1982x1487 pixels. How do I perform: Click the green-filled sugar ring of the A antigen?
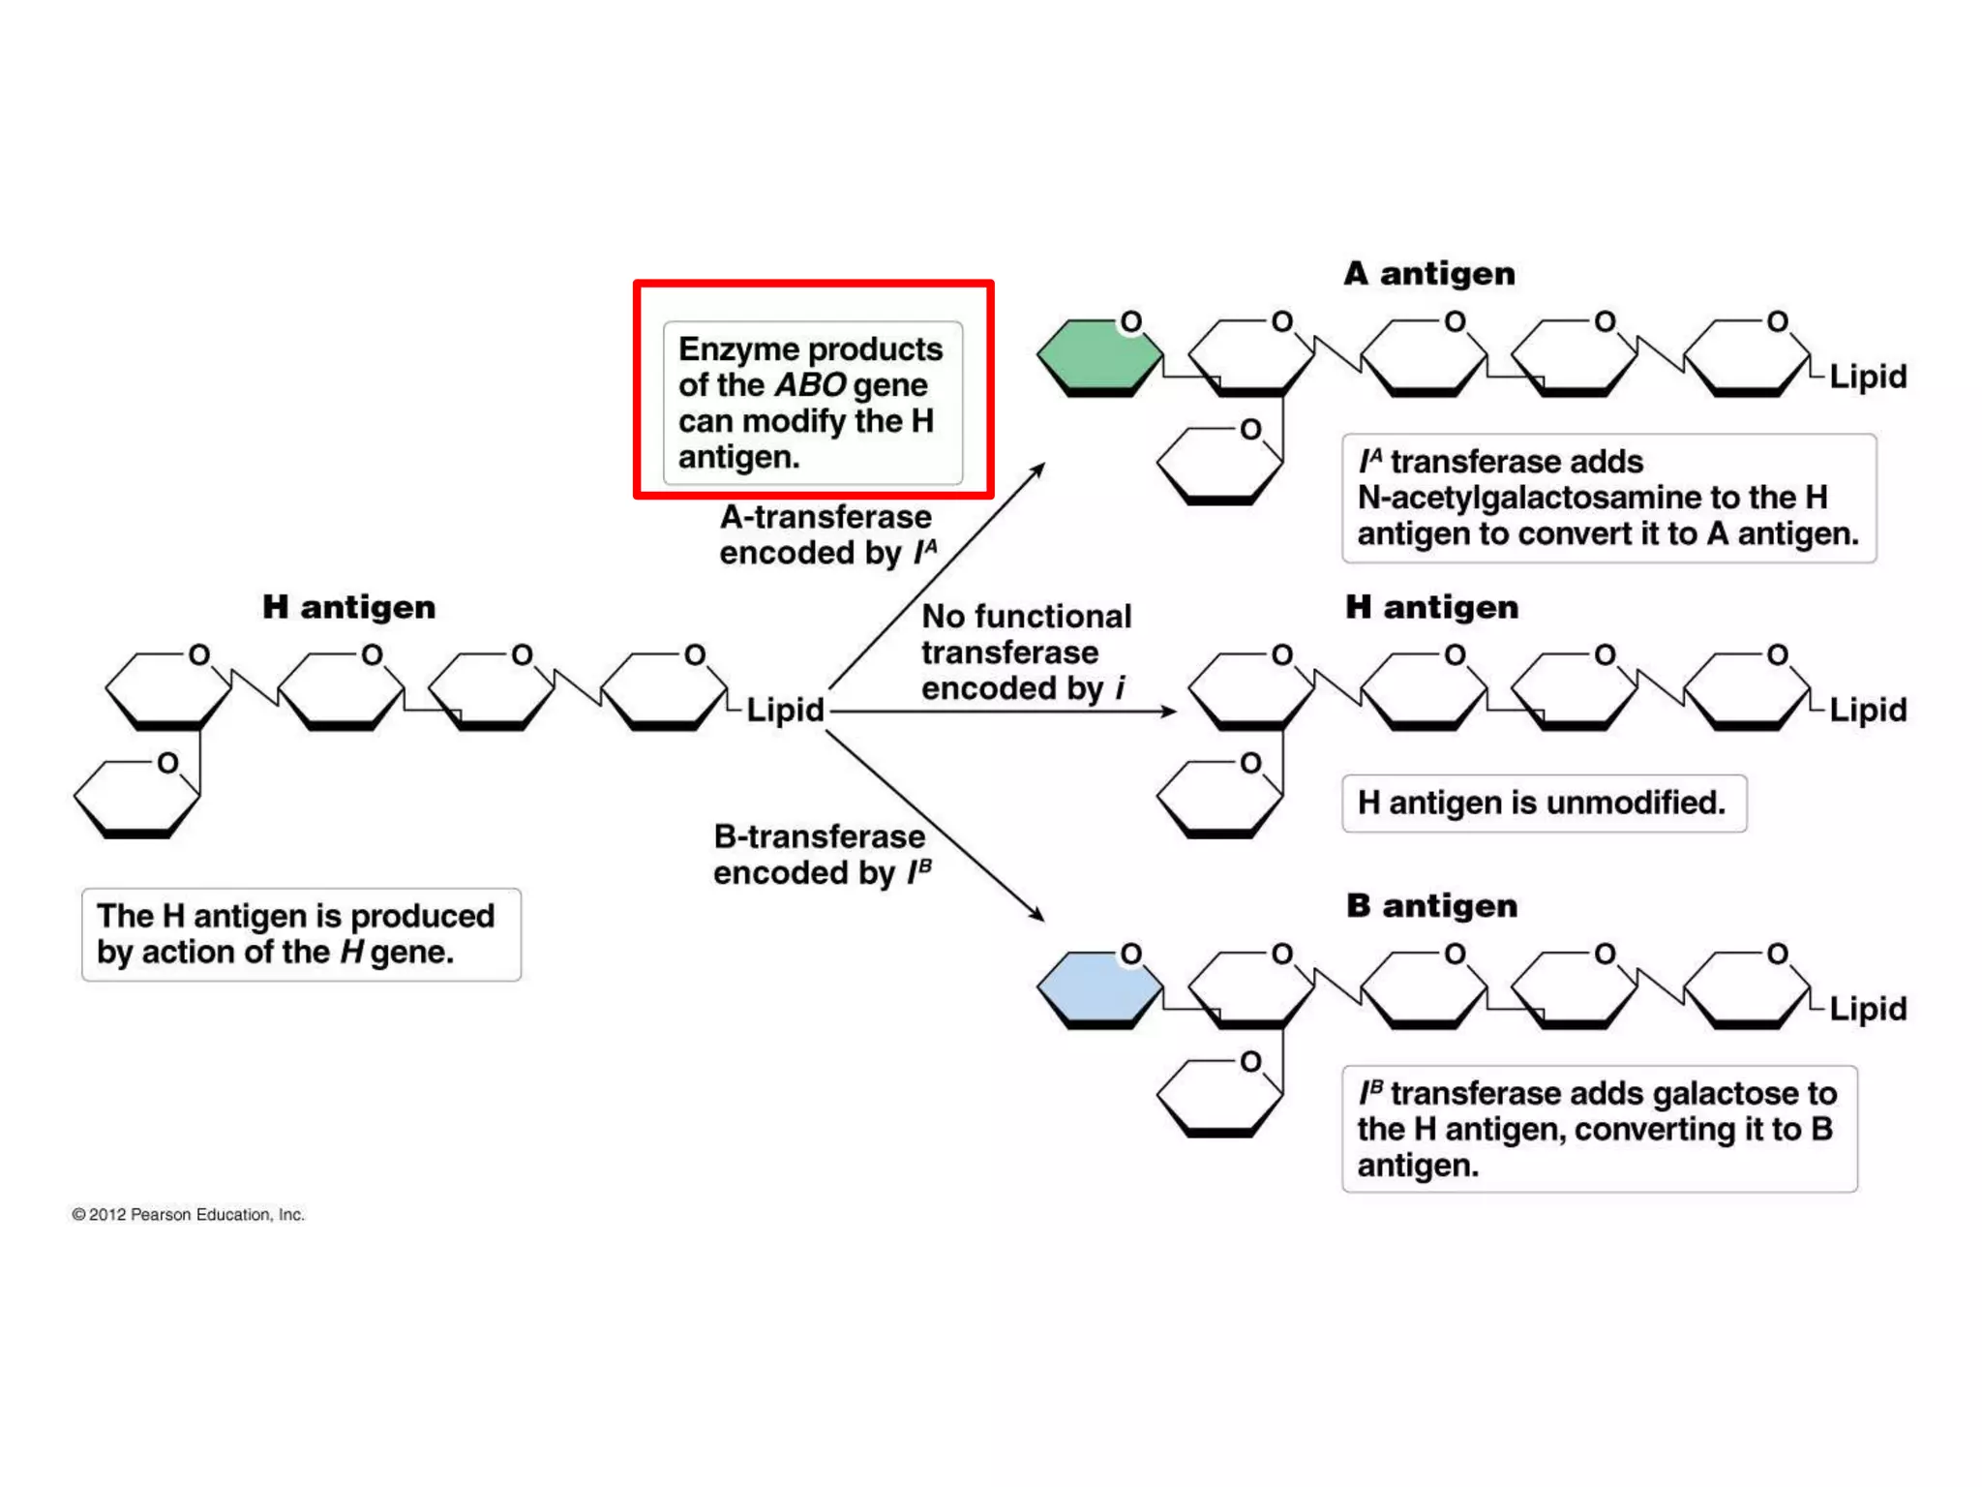click(1098, 356)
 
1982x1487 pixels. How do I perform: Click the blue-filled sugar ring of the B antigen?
click(1098, 987)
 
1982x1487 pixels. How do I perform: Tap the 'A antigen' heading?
click(1429, 274)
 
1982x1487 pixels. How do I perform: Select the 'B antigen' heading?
click(1431, 906)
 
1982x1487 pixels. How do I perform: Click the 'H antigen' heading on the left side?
click(348, 607)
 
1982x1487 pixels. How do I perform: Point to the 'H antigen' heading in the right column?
click(1431, 607)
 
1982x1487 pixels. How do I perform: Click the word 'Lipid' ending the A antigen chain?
click(1867, 377)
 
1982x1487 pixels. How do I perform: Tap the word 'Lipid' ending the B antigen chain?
click(1867, 1009)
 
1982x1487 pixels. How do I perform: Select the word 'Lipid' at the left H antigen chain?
click(785, 710)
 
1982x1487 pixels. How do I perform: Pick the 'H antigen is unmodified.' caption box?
click(1543, 803)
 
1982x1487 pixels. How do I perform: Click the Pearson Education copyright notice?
click(189, 1215)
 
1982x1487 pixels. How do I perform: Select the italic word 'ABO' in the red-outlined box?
click(810, 385)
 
